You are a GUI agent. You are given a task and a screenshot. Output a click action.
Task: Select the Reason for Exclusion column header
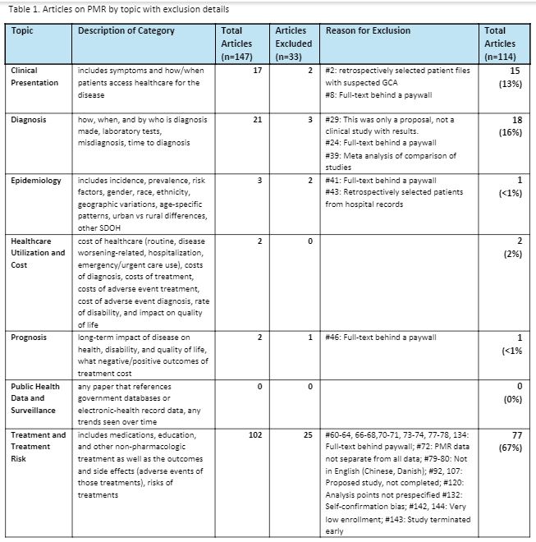(368, 30)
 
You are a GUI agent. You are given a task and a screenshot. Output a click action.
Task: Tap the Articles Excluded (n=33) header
(291, 44)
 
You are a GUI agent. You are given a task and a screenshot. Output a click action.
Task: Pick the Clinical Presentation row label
(34, 76)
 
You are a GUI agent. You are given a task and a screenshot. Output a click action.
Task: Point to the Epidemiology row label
(35, 180)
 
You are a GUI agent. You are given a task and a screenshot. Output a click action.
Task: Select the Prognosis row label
(30, 338)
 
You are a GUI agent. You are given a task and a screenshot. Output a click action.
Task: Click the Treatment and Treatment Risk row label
(38, 447)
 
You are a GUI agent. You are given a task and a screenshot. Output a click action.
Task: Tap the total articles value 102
(254, 435)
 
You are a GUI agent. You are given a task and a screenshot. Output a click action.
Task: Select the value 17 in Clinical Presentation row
(256, 71)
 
